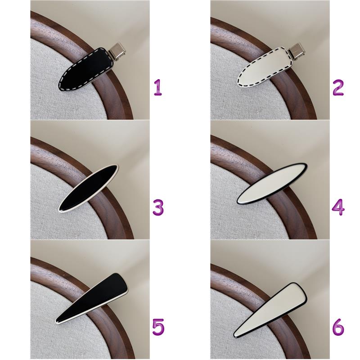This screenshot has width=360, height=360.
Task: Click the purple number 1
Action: tap(158, 87)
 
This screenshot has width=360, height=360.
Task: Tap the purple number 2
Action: tap(338, 87)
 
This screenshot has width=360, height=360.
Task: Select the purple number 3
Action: tap(158, 207)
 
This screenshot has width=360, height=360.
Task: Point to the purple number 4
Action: tap(338, 207)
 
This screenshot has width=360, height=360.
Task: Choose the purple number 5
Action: tap(158, 327)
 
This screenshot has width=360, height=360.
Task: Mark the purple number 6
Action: tap(338, 327)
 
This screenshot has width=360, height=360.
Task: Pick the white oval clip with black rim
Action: tap(272, 184)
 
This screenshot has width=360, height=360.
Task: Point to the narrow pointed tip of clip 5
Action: tap(57, 322)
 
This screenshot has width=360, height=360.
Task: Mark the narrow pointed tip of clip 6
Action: tap(234, 336)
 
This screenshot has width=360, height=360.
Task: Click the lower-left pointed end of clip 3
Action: tap(60, 210)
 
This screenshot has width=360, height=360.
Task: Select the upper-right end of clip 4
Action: tap(306, 165)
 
